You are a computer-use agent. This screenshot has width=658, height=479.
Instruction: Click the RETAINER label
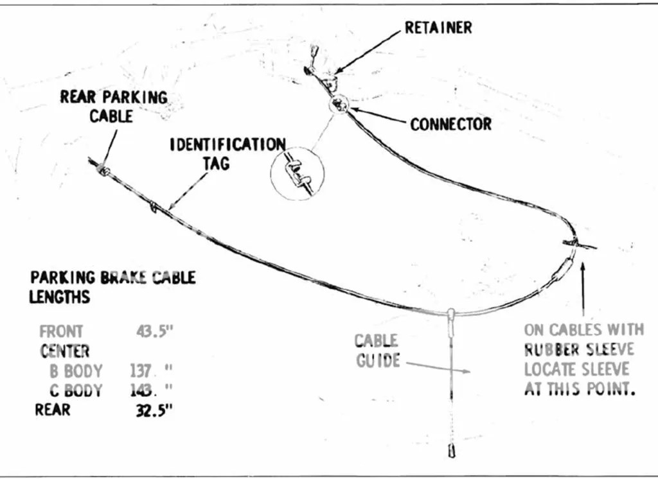pos(438,28)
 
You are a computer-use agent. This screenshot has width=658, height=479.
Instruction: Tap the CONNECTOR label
pos(451,123)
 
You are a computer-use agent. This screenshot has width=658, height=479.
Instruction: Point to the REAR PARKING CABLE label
pos(113,107)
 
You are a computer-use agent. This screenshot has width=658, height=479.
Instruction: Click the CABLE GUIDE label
pos(377,351)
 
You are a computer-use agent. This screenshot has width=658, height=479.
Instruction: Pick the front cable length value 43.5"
pos(155,332)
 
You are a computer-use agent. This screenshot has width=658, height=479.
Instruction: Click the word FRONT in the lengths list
pos(62,332)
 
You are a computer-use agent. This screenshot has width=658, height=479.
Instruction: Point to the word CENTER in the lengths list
pos(64,351)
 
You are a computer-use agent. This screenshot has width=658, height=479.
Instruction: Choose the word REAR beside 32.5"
pos(53,410)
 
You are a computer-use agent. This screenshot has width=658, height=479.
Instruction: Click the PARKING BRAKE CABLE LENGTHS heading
pos(112,287)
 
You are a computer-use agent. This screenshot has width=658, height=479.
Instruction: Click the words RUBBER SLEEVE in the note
pos(579,350)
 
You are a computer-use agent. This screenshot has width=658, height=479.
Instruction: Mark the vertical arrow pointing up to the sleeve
pos(583,289)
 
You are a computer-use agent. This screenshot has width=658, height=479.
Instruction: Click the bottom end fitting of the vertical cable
pos(452,451)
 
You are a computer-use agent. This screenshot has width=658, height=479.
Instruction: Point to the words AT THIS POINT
pos(580,389)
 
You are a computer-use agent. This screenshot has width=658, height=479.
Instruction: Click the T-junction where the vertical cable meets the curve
pos(451,313)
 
